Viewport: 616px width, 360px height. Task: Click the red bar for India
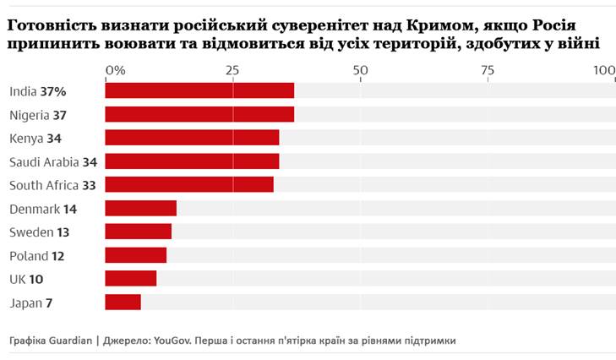[199, 90]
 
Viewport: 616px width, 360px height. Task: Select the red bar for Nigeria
[199, 114]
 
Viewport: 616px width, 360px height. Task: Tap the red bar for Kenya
[192, 138]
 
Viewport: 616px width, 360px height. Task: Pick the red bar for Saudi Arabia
[192, 161]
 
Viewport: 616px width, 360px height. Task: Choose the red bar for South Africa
[189, 184]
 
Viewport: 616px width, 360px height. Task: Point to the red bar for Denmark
[140, 208]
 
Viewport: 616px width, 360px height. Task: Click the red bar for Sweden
[138, 232]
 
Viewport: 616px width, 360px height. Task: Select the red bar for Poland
[135, 255]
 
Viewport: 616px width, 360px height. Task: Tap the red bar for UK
[130, 278]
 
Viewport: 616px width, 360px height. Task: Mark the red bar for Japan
[123, 302]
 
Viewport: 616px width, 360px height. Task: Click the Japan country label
[24, 303]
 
